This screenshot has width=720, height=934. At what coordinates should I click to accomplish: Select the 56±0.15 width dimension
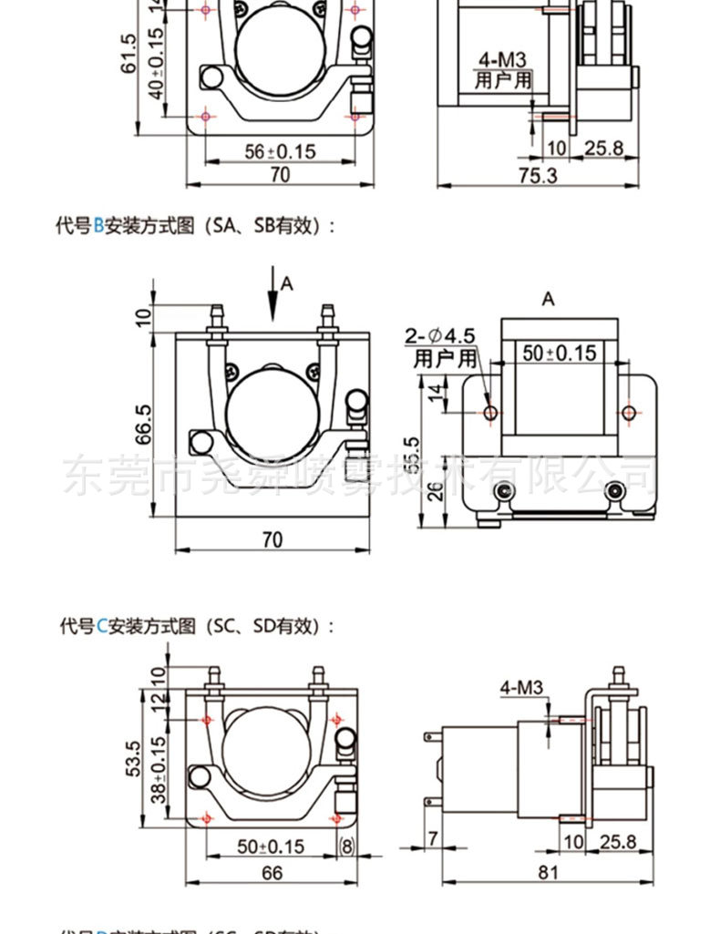tap(280, 151)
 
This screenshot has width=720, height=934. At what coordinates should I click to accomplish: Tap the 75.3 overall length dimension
tap(538, 175)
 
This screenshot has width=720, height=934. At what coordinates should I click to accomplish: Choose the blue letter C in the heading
tap(102, 626)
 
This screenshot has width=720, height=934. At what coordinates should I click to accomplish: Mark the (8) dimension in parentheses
tap(346, 846)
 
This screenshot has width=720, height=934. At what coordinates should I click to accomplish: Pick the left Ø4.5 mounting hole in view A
tap(491, 413)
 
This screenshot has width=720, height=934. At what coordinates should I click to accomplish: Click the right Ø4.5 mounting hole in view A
tap(628, 413)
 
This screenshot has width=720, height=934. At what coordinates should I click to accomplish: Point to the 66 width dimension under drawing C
tap(272, 871)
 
